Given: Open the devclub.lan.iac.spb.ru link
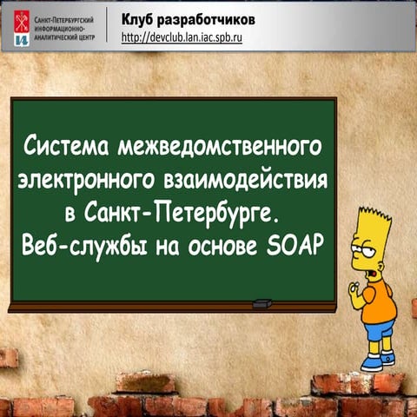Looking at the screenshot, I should [x=181, y=37].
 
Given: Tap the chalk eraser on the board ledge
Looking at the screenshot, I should [x=261, y=303].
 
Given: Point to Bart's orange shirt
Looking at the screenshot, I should [x=376, y=300].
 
